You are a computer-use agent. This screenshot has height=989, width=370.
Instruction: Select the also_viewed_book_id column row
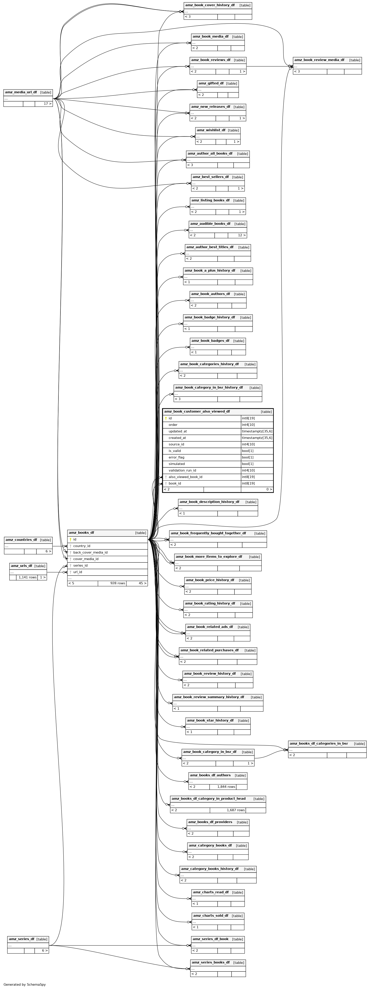pos(218,477)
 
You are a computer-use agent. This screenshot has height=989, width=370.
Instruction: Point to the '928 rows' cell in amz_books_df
pos(112,583)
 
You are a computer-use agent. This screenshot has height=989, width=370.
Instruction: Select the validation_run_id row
pos(218,470)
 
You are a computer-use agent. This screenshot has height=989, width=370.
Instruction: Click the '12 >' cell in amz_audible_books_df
pos(237,235)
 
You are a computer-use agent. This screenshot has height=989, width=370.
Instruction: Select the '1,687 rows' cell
pos(228,810)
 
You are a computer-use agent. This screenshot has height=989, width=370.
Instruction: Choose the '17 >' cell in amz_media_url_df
pos(43,104)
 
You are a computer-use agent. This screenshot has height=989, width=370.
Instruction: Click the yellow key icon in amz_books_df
pos(70,539)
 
